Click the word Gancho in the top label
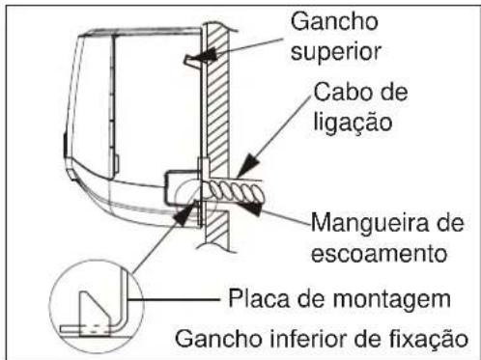click(334, 21)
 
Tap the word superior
click(336, 52)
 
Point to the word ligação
click(353, 122)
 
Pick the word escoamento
click(379, 254)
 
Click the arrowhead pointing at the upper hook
click(205, 55)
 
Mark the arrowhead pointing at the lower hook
click(184, 213)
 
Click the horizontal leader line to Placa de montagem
click(174, 299)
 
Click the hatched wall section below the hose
click(217, 228)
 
